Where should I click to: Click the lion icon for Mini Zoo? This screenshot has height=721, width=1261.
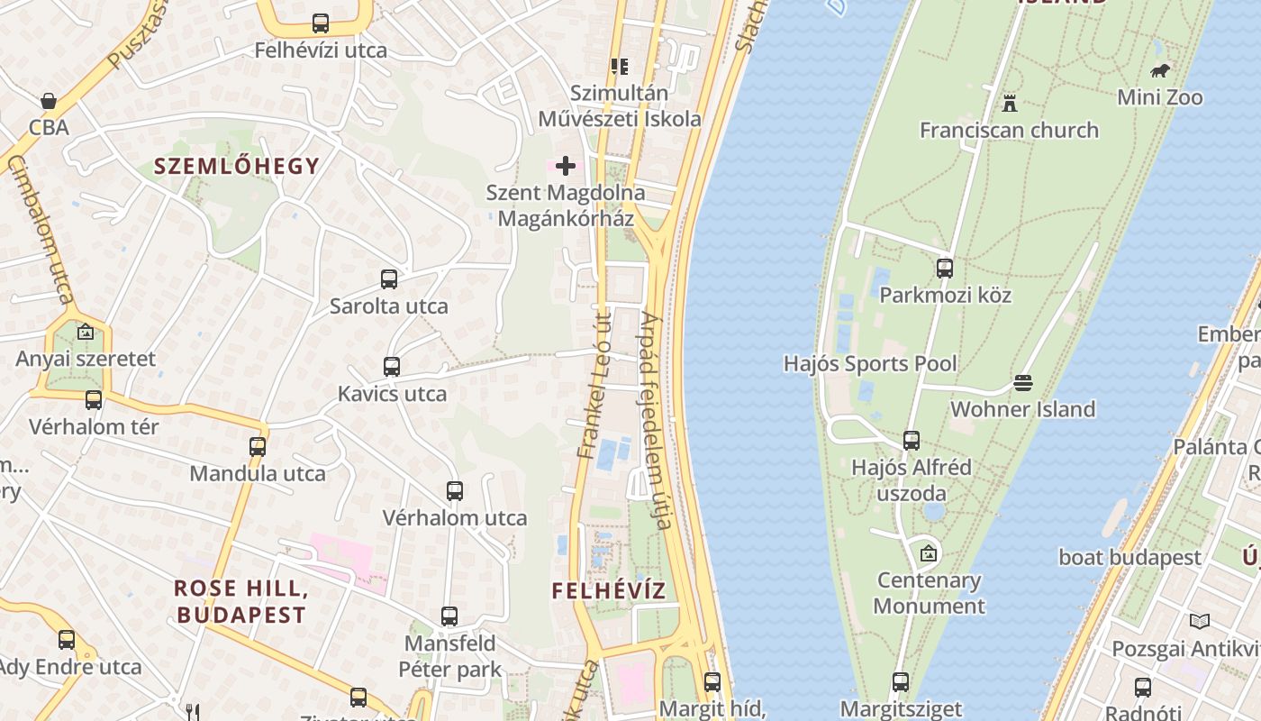click(1160, 70)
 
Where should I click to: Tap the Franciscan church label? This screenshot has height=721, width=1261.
click(1009, 130)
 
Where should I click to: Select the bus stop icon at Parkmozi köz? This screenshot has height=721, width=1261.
click(945, 268)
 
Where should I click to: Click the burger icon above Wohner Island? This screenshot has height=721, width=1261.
click(1023, 383)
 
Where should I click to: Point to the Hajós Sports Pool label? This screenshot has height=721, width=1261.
click(870, 364)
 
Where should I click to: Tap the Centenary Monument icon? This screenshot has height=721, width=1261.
click(929, 553)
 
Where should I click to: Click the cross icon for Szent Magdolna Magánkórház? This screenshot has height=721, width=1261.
click(566, 166)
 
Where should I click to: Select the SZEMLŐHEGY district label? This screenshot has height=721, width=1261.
click(237, 166)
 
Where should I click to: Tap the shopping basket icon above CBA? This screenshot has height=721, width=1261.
click(49, 101)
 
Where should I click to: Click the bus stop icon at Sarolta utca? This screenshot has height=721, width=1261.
click(389, 279)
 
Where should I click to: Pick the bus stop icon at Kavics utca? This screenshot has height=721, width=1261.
click(392, 367)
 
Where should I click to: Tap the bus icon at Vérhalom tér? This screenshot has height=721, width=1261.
click(94, 400)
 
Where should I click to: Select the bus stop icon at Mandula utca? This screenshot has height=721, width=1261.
click(258, 446)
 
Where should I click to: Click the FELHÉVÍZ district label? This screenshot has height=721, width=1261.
click(609, 591)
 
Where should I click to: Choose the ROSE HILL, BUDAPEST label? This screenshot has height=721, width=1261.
click(240, 602)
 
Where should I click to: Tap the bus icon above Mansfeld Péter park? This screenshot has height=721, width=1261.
click(449, 616)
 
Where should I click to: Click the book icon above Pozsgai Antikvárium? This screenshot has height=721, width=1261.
click(1199, 622)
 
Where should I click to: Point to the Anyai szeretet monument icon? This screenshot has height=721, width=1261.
click(86, 332)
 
